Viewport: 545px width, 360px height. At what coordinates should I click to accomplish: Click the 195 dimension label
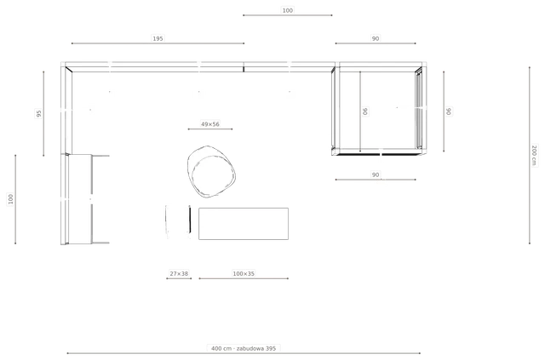coord(158,38)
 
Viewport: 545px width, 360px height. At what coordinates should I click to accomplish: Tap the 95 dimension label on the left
coord(38,113)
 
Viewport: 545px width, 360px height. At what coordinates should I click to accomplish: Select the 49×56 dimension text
coord(210,124)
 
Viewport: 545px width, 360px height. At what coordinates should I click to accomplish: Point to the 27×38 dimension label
coord(179,273)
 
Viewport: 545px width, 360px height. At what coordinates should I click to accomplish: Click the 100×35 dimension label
coord(244,273)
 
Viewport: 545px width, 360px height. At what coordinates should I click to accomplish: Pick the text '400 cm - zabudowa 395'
coord(244,348)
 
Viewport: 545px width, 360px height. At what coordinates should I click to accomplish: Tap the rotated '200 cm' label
coord(534,156)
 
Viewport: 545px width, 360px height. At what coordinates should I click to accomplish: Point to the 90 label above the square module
coord(376,38)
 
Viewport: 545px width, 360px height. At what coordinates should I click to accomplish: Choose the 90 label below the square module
coord(376,174)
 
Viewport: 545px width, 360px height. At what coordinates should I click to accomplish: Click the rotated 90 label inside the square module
coord(365,111)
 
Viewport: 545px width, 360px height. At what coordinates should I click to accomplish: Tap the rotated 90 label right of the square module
coord(449,111)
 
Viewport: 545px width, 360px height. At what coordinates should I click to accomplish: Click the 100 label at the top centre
coord(288,10)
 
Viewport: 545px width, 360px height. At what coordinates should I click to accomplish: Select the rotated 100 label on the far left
coord(10,199)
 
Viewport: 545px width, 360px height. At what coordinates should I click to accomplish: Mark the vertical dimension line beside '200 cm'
coord(530,156)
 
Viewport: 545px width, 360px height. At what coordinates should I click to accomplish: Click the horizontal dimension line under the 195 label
coord(158,43)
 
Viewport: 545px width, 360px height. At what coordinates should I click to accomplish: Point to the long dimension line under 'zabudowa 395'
coord(244,353)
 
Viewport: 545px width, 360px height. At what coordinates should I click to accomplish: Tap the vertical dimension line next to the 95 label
coord(43,114)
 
